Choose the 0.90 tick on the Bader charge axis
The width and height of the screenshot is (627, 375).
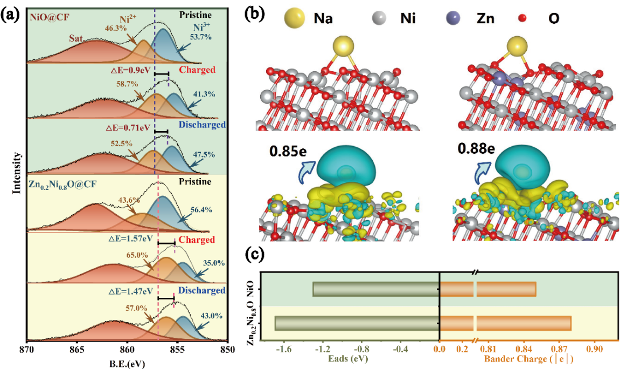(x=595, y=349)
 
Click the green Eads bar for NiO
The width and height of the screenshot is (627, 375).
(x=375, y=289)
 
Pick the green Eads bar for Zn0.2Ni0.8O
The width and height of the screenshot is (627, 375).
(x=357, y=323)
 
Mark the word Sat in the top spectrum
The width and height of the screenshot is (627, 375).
(x=76, y=38)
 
